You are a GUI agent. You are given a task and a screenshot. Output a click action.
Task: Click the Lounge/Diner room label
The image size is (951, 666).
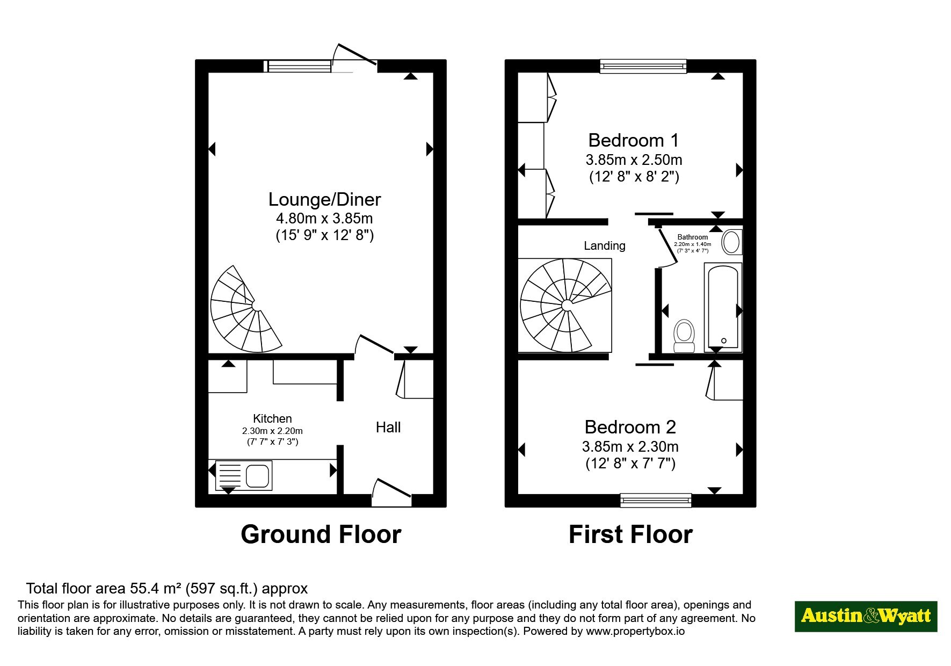click(x=324, y=199)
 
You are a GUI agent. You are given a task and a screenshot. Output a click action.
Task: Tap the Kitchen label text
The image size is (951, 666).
click(x=272, y=418)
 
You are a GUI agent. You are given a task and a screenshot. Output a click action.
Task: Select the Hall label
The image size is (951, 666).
click(x=388, y=427)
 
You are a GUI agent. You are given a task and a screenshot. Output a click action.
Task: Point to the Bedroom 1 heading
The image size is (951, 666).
click(x=634, y=140)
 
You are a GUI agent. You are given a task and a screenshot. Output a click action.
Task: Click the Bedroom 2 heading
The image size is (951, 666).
click(x=630, y=427)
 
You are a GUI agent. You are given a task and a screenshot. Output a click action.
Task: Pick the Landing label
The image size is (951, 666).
click(x=605, y=245)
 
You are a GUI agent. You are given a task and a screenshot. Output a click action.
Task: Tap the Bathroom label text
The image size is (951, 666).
click(x=693, y=237)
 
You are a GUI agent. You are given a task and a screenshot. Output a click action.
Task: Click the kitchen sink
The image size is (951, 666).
click(x=244, y=475)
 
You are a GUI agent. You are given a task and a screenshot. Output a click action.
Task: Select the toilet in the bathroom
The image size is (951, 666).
click(x=684, y=336)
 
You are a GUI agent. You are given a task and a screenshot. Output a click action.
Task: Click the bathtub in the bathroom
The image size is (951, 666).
click(x=723, y=307)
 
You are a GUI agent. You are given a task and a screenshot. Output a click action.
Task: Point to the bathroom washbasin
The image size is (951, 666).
click(x=731, y=242)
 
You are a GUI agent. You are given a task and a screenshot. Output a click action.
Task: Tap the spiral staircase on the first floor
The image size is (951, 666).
click(x=565, y=306)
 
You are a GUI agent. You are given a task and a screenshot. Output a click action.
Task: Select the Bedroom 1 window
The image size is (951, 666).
click(x=643, y=66)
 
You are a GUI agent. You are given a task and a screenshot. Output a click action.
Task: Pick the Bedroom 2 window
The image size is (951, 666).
click(x=656, y=500)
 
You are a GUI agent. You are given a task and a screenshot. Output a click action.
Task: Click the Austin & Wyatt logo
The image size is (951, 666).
click(x=866, y=616)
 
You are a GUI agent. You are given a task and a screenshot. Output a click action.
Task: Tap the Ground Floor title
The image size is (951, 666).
click(x=321, y=534)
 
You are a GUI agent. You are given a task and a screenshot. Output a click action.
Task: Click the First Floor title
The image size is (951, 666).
click(x=630, y=534)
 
